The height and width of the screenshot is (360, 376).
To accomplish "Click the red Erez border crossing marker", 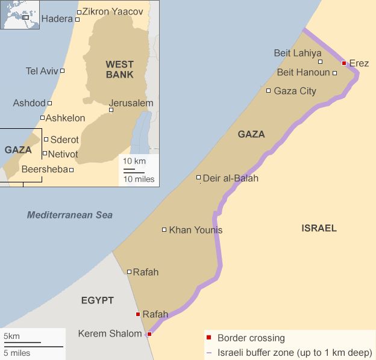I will point(343,63).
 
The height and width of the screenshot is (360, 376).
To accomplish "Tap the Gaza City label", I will point(295,91).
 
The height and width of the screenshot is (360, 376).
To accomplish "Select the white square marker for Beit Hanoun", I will point(335,73).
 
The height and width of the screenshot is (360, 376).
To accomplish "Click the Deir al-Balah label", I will point(230,178).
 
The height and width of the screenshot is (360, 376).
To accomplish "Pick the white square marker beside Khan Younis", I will point(164,229).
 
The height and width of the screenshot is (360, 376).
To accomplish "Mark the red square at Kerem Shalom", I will point(149,334).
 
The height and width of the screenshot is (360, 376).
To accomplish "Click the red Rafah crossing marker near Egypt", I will point(138,314).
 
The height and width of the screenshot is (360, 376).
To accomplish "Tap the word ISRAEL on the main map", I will point(319,228).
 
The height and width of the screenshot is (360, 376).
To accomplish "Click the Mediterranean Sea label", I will point(69,215).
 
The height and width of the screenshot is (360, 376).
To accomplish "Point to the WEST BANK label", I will point(119,69).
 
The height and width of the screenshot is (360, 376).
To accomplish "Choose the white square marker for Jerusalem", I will point(111,110).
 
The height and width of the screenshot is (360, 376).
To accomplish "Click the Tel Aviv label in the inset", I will point(42,71).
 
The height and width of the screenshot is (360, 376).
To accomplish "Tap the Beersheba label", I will point(45,170).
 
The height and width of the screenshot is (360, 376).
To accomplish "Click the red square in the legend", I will point(208,338).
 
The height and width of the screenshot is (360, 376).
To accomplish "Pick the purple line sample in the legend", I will point(208,353).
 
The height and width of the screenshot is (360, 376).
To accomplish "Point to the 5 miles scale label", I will point(16,353).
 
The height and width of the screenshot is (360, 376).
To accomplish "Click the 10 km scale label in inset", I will point(134,161).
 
